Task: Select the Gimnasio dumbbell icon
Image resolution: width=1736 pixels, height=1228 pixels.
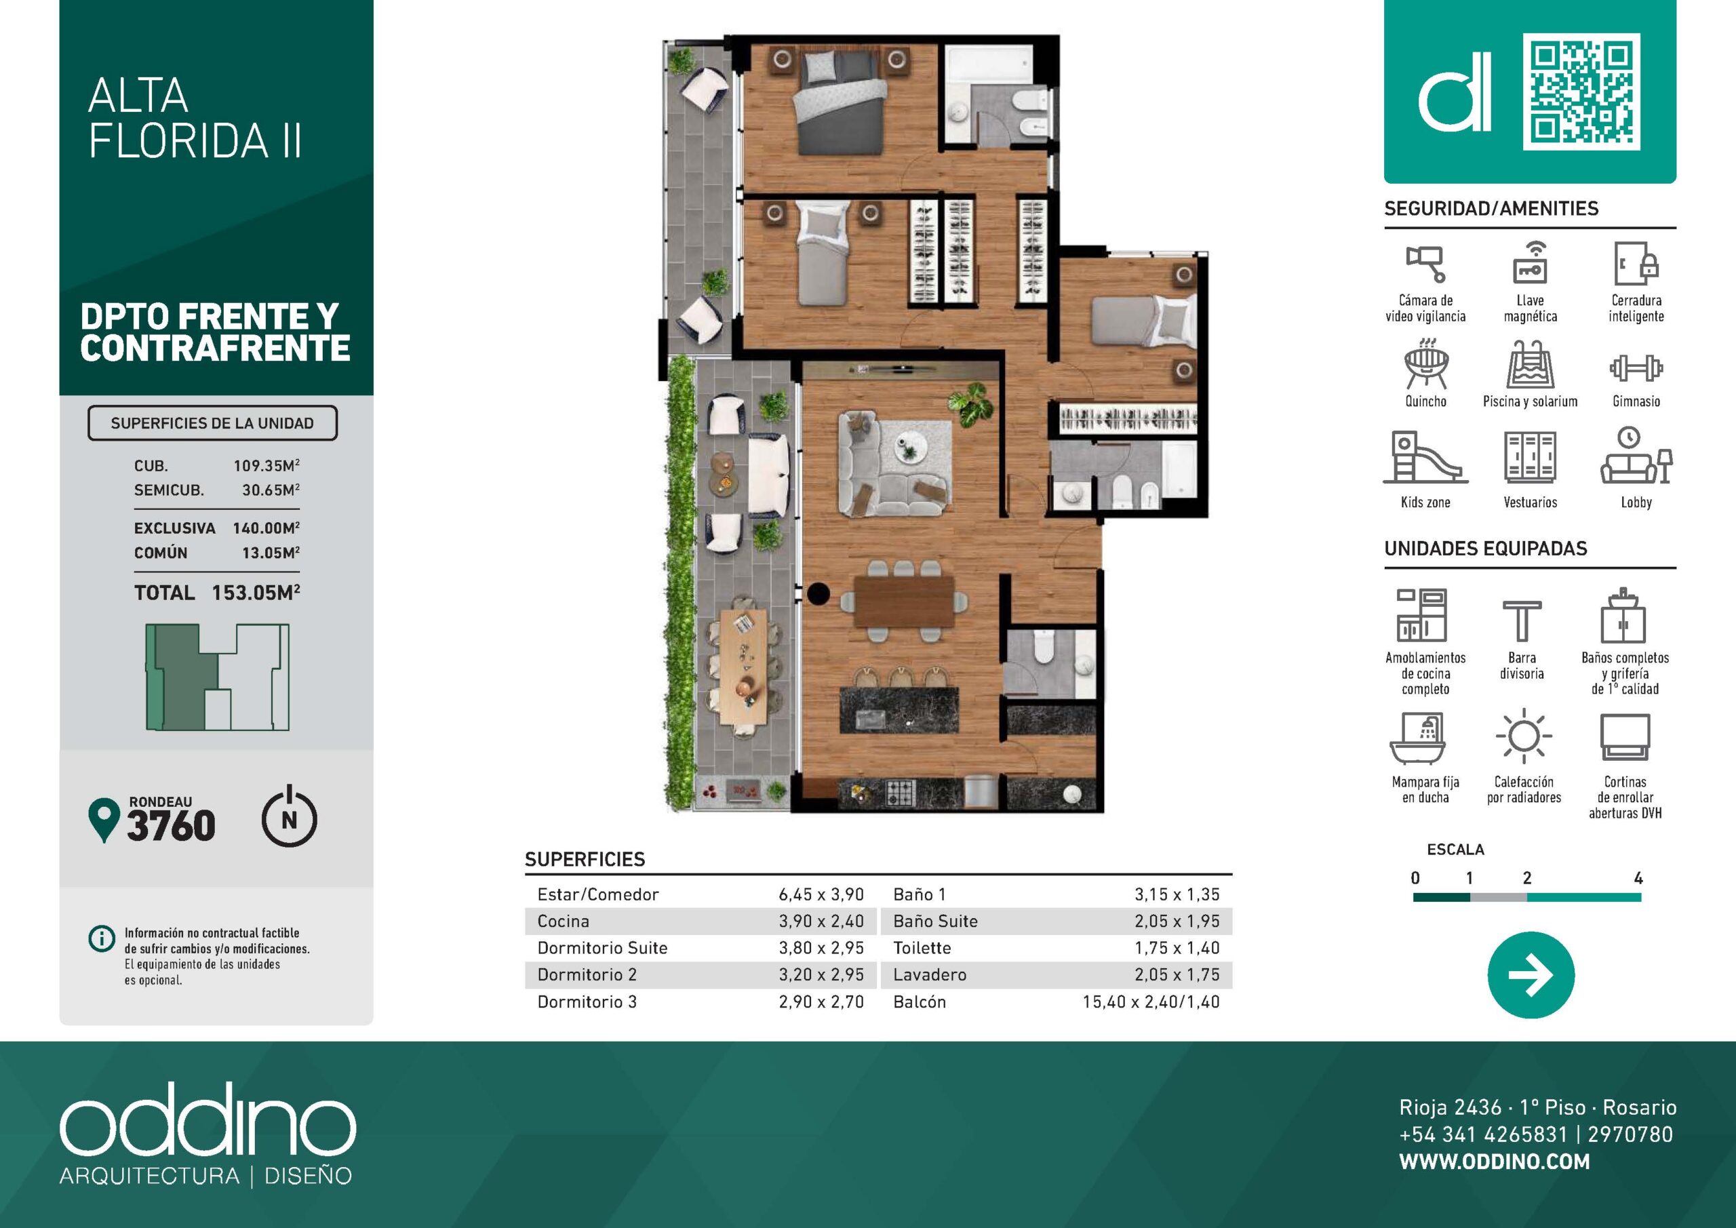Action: (1636, 368)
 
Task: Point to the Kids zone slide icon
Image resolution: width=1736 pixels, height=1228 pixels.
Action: (1425, 457)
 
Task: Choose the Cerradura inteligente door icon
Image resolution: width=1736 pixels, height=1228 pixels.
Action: (1636, 264)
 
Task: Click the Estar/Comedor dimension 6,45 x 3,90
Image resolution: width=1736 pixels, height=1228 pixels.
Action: (821, 894)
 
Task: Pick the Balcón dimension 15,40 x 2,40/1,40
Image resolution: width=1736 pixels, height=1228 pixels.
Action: (1151, 1002)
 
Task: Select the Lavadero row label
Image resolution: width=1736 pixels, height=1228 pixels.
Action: (929, 974)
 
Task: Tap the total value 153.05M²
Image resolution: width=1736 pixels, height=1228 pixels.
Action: (256, 592)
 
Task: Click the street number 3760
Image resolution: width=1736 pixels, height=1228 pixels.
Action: (171, 825)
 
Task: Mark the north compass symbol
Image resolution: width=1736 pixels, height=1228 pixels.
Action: (289, 817)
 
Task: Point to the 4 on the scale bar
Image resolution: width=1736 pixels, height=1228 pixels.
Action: (1638, 878)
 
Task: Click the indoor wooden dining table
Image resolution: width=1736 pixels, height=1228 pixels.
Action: (905, 601)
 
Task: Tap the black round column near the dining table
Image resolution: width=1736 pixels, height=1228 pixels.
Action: (817, 593)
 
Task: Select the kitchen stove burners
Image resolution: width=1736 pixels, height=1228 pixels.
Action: (901, 793)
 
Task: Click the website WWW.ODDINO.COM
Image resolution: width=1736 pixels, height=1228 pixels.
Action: (1494, 1162)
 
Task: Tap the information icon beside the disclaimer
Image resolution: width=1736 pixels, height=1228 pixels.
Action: (100, 938)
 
